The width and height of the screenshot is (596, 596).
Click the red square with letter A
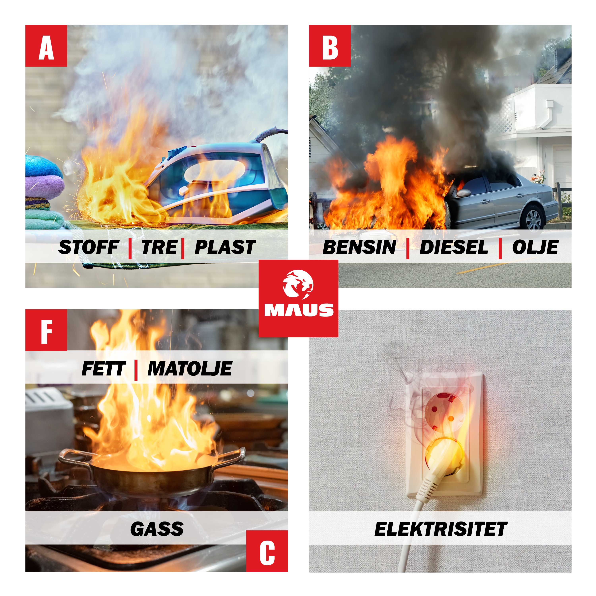click(x=46, y=46)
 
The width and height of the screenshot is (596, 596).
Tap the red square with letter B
click(x=330, y=46)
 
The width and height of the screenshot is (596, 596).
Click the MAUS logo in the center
click(x=298, y=298)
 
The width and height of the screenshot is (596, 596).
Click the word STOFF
click(x=89, y=247)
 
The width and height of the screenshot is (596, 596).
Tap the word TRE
click(x=159, y=247)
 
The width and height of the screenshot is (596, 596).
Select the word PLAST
click(x=225, y=247)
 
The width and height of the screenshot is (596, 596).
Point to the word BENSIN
click(x=359, y=247)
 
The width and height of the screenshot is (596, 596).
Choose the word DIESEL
click(x=454, y=247)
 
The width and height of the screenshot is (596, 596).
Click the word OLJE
click(x=535, y=247)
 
